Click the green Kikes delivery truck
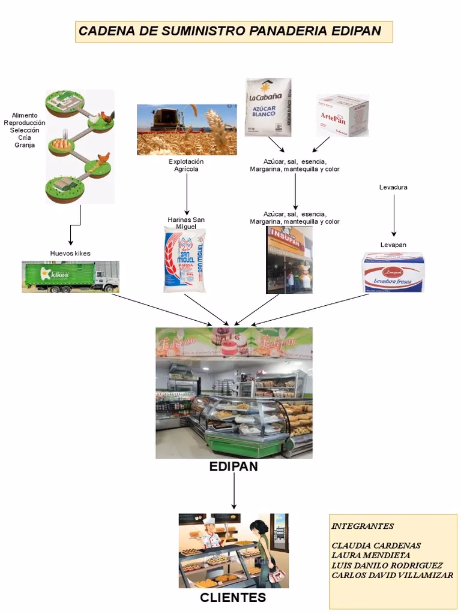[70, 276]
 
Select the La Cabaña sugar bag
[268, 107]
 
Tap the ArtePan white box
[342, 115]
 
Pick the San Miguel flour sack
[185, 261]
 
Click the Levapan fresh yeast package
[393, 272]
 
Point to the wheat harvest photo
[186, 130]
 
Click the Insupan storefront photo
[289, 260]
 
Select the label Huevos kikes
[70, 254]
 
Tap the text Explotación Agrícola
[186, 165]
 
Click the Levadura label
[393, 187]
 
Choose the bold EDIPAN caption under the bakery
[234, 467]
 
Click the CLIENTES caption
[233, 598]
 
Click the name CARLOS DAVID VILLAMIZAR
[392, 575]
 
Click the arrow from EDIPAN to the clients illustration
[234, 491]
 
